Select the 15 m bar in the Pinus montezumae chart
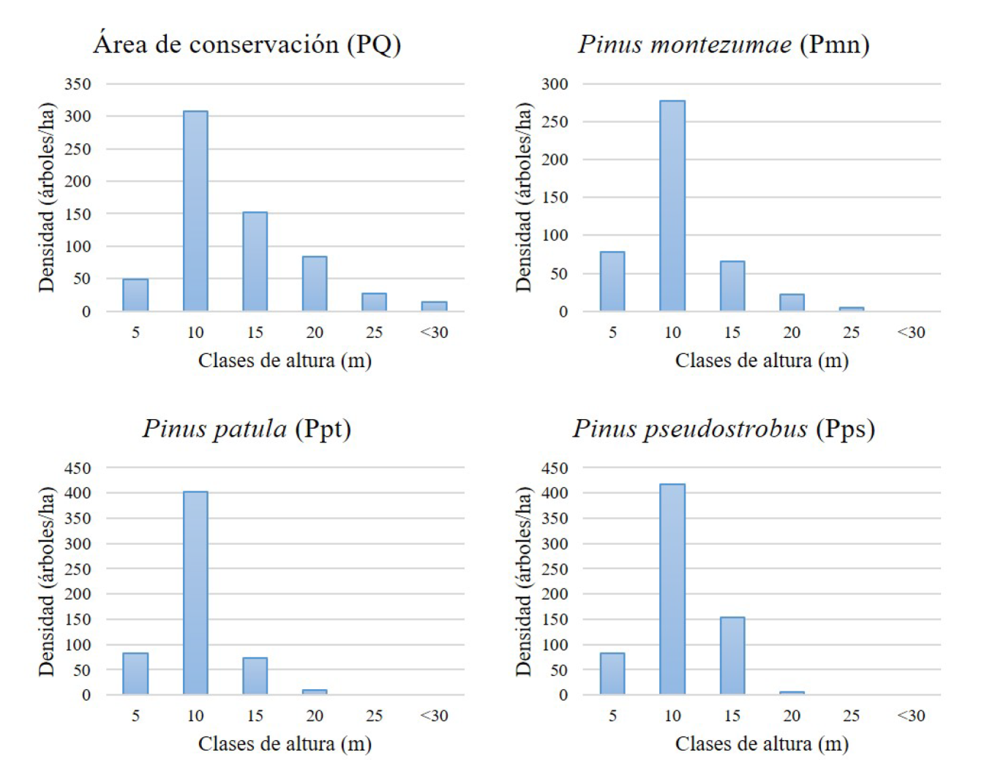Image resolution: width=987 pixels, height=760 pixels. point(732,286)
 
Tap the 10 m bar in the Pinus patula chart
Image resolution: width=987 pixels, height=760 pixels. point(195,592)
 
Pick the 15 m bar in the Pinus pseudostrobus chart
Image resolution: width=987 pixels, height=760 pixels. point(732,655)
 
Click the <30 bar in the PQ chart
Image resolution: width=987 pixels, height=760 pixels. point(434,306)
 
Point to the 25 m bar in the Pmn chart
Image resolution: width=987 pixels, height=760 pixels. point(851,309)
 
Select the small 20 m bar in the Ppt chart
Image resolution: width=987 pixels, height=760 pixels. point(315,692)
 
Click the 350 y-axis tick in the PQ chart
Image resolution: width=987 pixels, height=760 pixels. point(78,84)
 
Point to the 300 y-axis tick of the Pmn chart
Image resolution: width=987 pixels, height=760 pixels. point(555,84)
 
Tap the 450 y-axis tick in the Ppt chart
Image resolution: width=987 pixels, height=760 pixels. point(78,468)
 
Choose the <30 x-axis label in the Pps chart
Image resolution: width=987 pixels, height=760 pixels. point(911,716)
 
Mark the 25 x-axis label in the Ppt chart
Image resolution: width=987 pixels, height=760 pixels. point(374,716)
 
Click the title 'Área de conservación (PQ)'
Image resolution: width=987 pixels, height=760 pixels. point(247,45)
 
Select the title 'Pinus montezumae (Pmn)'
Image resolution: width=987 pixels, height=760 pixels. point(724,45)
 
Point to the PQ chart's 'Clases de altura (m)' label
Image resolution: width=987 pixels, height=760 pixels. point(285,361)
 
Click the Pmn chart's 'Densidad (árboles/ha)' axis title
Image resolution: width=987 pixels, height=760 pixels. point(523,197)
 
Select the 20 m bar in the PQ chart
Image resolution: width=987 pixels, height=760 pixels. point(315,283)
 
